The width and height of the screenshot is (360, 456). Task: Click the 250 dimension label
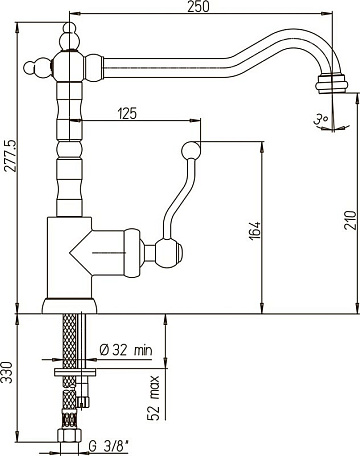[x=198, y=6]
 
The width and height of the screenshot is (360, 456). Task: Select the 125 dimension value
[x=127, y=113]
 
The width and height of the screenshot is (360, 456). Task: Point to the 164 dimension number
[x=254, y=230]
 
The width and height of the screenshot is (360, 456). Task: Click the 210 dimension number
[x=350, y=220]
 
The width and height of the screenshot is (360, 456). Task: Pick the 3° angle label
[x=321, y=119]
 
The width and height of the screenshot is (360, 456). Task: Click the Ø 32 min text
[x=126, y=350]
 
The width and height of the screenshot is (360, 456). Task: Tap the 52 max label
[x=153, y=398]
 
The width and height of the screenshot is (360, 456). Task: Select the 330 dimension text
[x=7, y=372]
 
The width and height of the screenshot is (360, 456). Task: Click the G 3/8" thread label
[x=109, y=445]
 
